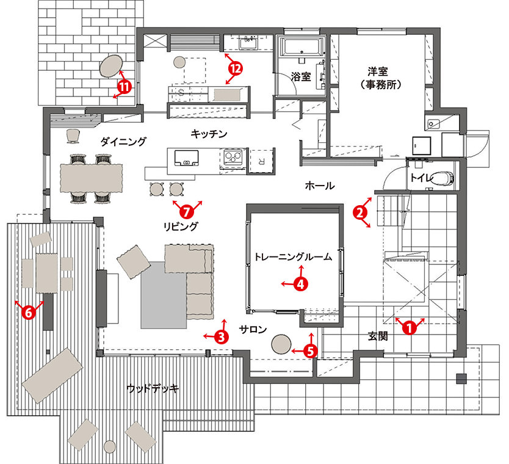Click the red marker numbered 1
(x=410, y=328)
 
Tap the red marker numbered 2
(x=360, y=213)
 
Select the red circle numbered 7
(x=187, y=212)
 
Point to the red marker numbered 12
(x=236, y=68)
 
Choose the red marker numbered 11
(x=125, y=87)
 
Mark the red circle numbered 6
(x=29, y=313)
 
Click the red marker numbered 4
(x=301, y=285)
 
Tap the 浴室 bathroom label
(x=301, y=77)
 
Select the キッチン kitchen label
(x=209, y=134)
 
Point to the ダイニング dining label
(x=123, y=142)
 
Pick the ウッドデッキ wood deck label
(x=153, y=388)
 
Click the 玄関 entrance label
(x=378, y=336)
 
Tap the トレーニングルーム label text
(x=293, y=257)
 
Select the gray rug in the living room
(x=164, y=295)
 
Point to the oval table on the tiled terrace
(x=111, y=65)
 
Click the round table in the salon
(x=281, y=344)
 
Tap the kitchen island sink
(x=186, y=158)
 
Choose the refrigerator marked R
(x=262, y=161)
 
